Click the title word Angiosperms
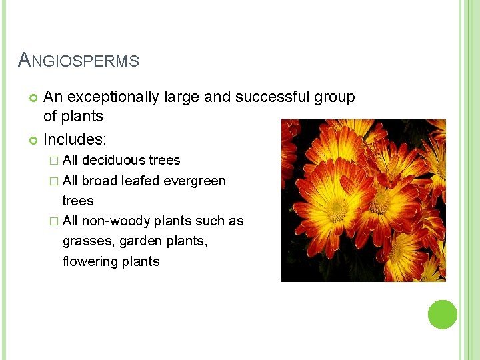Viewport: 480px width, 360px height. tap(79, 61)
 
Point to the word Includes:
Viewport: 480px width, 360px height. tap(73, 140)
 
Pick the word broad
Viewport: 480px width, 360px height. tap(100, 181)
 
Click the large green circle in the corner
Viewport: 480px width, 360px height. tap(442, 315)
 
